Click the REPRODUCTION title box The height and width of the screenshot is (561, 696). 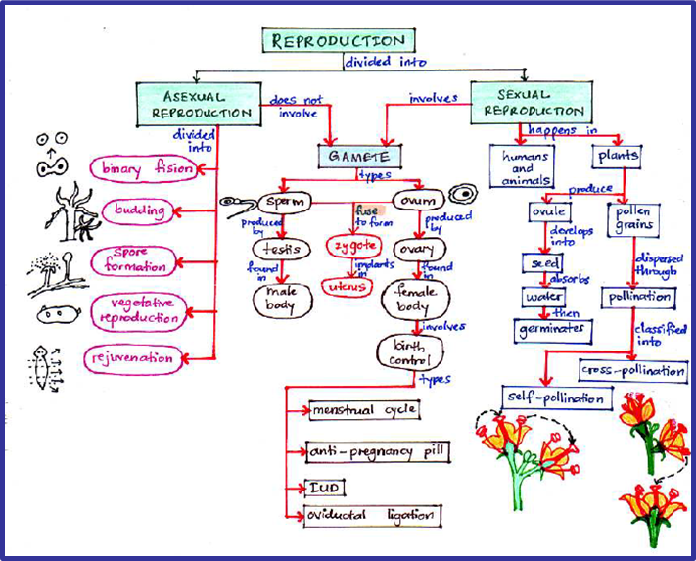tap(338, 41)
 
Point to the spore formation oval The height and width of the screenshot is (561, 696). tap(134, 260)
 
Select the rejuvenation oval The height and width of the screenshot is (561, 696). tap(132, 358)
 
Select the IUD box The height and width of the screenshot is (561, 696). tap(324, 487)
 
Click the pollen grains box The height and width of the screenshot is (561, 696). tap(633, 218)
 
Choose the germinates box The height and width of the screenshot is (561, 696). tap(554, 331)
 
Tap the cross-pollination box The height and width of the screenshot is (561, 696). tap(633, 370)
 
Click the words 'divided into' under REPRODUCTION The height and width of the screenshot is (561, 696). tap(373, 62)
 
